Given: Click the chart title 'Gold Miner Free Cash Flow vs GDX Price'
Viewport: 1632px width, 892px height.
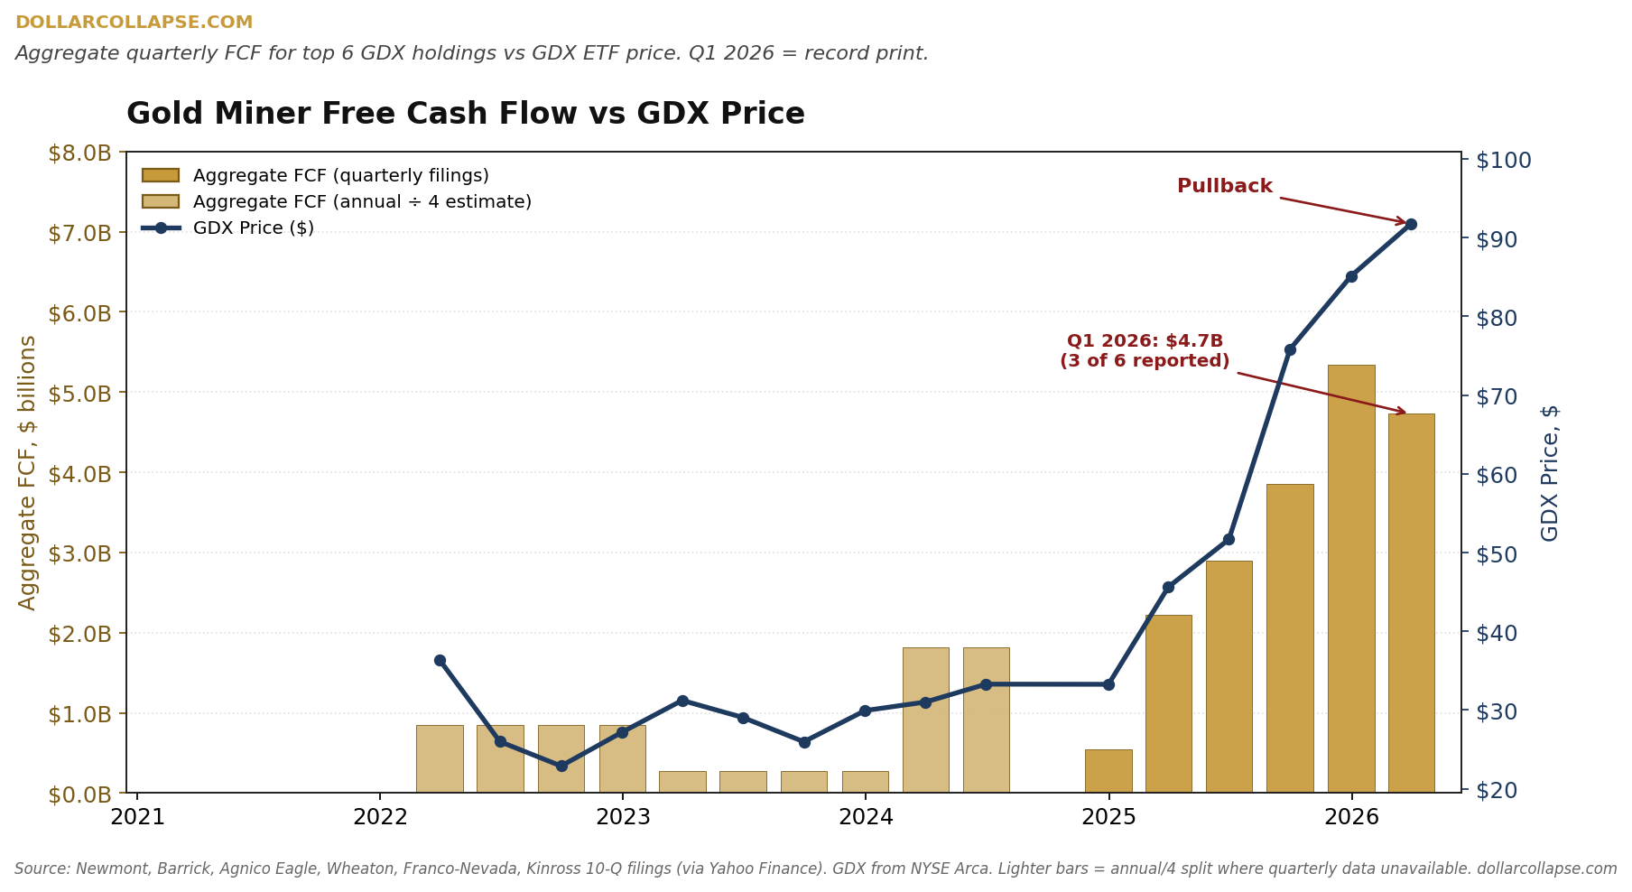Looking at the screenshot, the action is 466,115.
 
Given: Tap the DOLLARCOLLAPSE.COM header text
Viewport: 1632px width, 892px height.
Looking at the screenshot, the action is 134,23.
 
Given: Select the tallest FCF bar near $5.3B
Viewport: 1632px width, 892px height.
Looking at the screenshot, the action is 1350,579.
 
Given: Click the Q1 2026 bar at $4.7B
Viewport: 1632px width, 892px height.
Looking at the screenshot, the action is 1411,603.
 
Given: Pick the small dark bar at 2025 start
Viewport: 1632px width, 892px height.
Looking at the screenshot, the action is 1108,771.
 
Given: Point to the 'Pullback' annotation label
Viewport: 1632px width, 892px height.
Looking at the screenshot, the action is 1225,186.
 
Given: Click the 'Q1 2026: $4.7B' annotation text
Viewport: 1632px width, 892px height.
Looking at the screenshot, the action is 1145,341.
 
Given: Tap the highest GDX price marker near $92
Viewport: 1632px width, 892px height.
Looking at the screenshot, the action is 1411,224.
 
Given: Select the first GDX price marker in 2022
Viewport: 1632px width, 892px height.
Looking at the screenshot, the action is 440,660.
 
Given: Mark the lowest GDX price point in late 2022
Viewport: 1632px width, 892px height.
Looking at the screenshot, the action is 561,766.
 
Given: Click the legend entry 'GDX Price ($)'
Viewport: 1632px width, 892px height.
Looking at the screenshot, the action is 254,228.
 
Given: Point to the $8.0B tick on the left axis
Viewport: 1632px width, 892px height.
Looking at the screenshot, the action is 79,153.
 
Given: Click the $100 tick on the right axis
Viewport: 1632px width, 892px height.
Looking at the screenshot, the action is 1503,161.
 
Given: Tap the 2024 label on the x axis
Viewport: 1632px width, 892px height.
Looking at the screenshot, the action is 866,817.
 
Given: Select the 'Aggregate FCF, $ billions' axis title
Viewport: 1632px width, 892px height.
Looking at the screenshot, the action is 28,472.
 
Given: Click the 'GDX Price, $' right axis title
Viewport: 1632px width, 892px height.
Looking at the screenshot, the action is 1550,472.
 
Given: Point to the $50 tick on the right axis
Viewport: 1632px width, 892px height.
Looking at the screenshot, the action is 1497,553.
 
